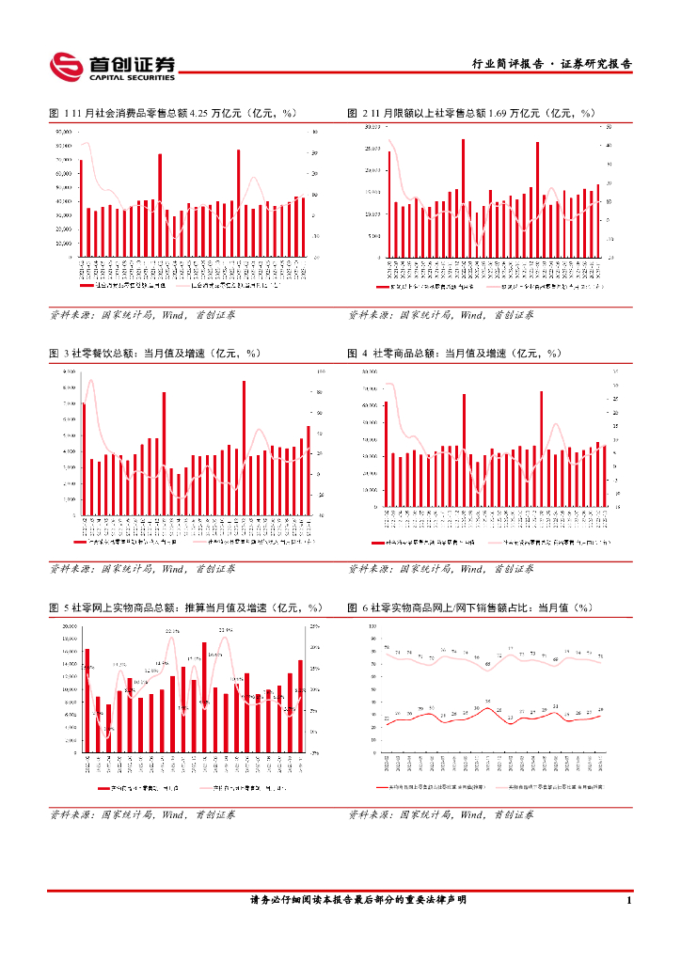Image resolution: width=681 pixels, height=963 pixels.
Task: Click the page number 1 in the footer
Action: point(627,901)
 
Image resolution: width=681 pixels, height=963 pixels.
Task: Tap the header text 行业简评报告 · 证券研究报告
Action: point(551,65)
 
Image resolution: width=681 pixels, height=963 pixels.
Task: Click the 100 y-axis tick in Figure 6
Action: point(372,626)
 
